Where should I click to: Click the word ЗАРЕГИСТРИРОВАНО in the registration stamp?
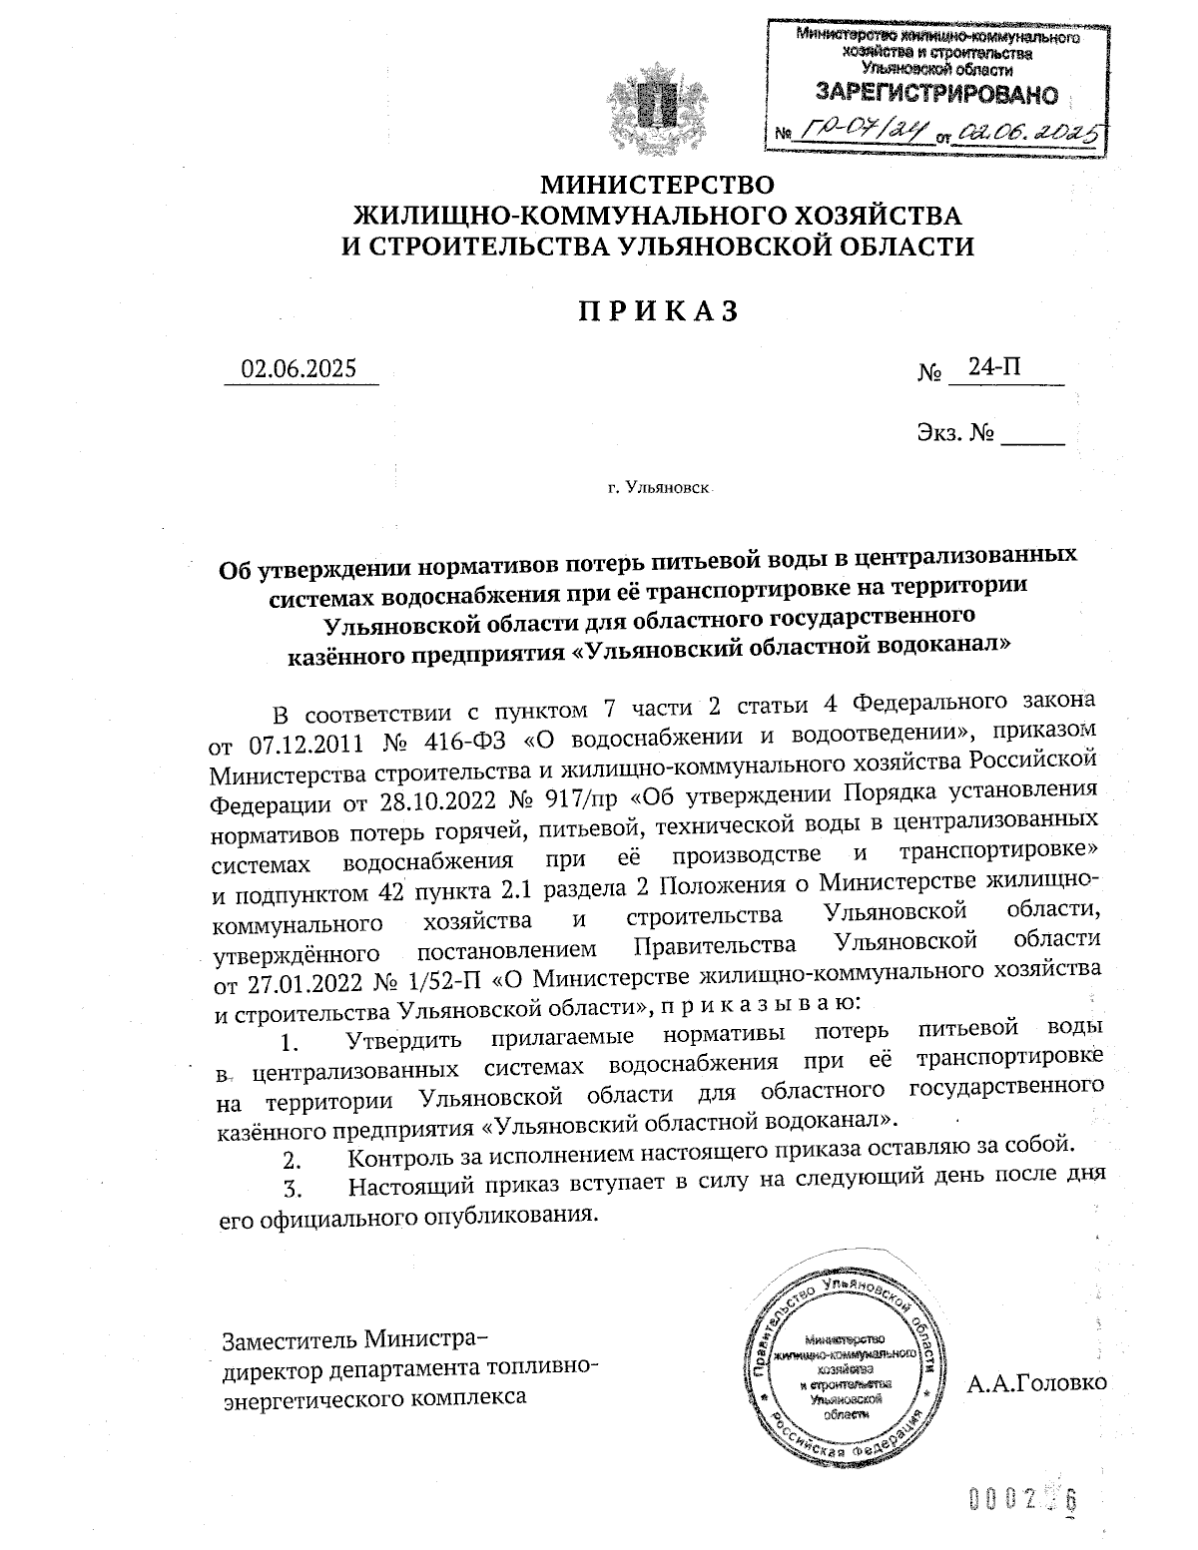pyautogui.click(x=936, y=95)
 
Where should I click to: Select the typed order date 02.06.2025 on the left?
pyautogui.click(x=299, y=368)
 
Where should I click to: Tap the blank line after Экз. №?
pyautogui.click(x=1032, y=436)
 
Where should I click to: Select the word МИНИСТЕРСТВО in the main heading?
pyautogui.click(x=657, y=185)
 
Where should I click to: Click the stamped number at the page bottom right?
pyautogui.click(x=1024, y=1499)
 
